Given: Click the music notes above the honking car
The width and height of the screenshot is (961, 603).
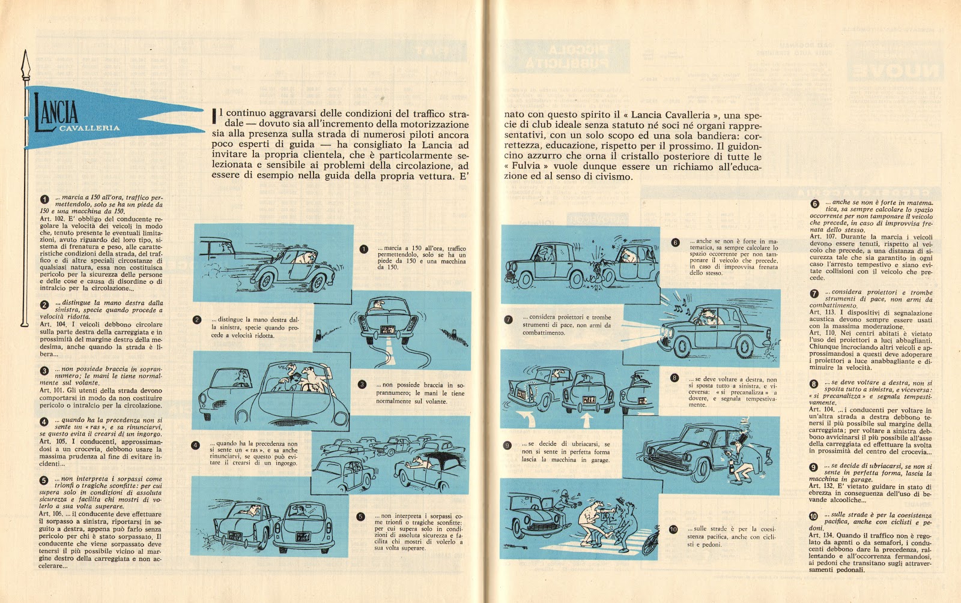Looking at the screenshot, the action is (x=679, y=310).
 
